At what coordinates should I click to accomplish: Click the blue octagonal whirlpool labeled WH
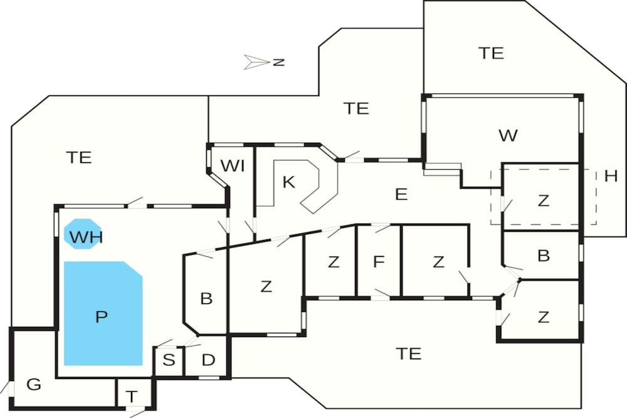click(83, 234)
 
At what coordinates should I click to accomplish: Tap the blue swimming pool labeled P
click(103, 313)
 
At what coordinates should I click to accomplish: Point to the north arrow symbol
click(256, 62)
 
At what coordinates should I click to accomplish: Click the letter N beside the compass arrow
click(279, 62)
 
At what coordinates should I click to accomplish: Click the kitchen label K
click(288, 182)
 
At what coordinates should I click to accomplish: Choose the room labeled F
click(378, 262)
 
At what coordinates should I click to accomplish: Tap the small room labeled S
click(169, 360)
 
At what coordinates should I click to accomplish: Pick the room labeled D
click(208, 360)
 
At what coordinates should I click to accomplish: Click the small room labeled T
click(131, 397)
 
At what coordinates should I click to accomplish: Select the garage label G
click(34, 384)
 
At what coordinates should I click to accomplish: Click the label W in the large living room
click(508, 135)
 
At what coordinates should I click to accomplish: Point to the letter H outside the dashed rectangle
click(611, 176)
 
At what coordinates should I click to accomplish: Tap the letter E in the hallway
click(401, 195)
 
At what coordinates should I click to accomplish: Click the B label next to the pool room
click(206, 298)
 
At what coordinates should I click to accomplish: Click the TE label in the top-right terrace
click(491, 53)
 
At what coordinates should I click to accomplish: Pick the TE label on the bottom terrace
click(409, 353)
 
